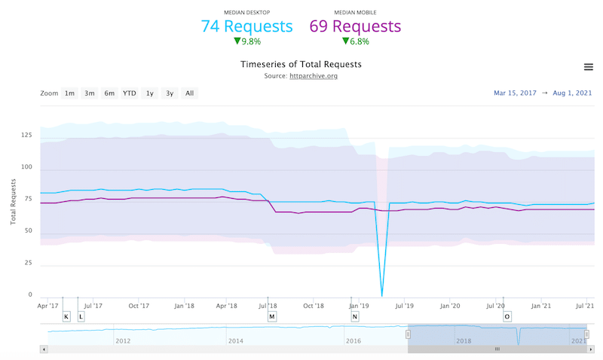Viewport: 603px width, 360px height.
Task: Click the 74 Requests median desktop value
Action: point(246,26)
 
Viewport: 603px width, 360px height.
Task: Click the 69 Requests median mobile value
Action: point(355,26)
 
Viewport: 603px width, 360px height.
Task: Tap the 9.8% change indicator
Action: point(247,41)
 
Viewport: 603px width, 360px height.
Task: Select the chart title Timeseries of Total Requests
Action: point(301,64)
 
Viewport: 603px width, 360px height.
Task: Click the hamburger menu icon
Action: point(589,67)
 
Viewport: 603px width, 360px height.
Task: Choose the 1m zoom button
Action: point(69,93)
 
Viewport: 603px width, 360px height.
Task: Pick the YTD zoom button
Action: point(130,93)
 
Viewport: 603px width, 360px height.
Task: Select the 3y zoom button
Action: point(170,93)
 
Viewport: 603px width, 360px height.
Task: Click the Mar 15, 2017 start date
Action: point(515,93)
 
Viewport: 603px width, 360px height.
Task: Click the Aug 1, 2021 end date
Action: point(572,93)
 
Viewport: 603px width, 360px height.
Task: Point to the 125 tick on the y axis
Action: point(26,136)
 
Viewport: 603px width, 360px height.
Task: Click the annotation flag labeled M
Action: point(271,316)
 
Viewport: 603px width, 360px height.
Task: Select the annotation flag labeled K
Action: point(66,316)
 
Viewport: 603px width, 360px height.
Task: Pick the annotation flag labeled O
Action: point(507,316)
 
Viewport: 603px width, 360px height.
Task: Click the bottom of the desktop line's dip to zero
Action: point(382,294)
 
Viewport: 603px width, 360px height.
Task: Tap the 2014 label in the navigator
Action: point(236,340)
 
